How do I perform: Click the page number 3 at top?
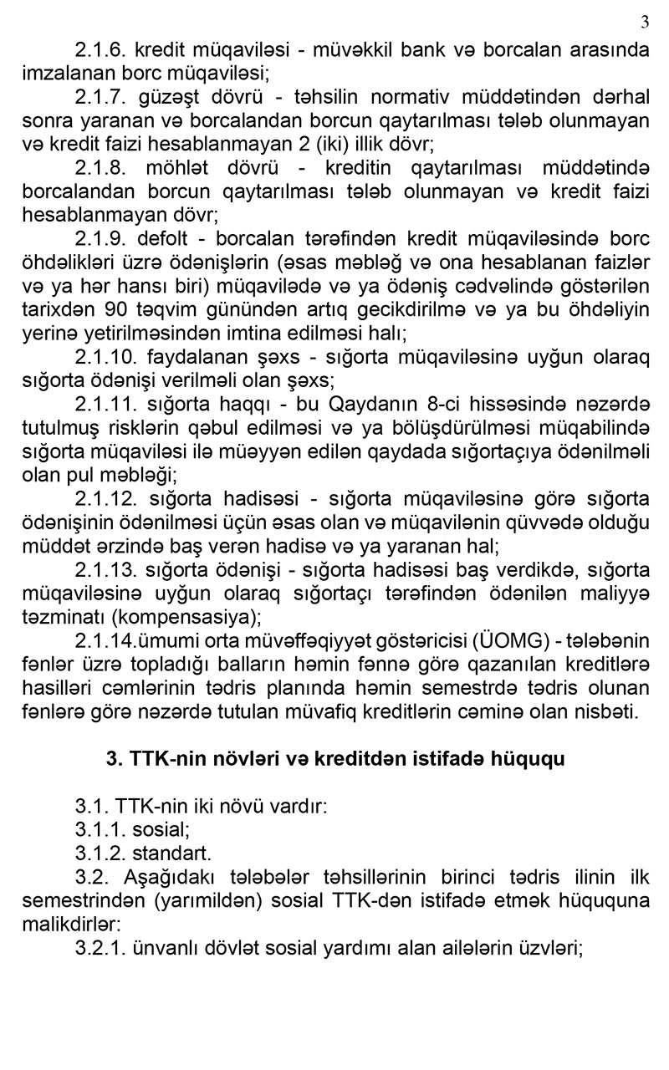pyautogui.click(x=644, y=21)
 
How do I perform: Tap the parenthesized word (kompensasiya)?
pyautogui.click(x=186, y=619)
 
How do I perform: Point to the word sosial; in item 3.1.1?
pyautogui.click(x=161, y=831)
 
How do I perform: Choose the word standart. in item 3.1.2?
pyautogui.click(x=172, y=854)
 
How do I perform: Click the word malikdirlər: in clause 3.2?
pyautogui.click(x=68, y=925)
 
